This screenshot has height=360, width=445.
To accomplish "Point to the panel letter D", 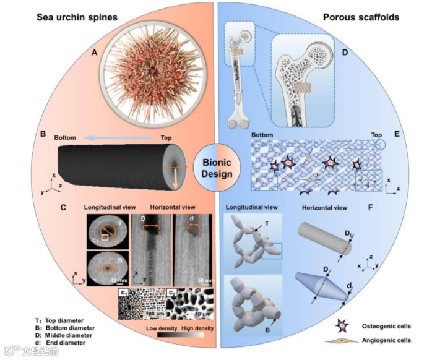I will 345,53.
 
